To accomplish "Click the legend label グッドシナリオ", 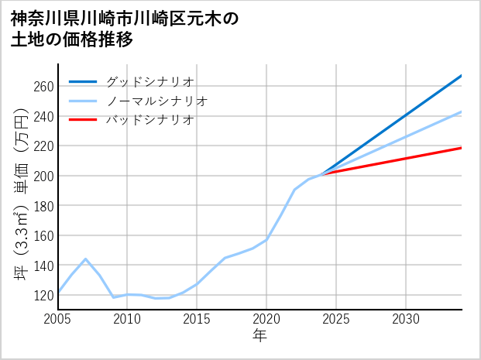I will click(149, 81).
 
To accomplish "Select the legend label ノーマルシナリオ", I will click(156, 101).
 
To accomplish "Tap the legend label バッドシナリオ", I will click(149, 120).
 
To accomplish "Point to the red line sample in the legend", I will click(83, 120).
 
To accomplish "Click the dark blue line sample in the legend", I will click(83, 81).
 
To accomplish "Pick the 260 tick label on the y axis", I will click(43, 86).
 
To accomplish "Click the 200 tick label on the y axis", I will click(43, 176).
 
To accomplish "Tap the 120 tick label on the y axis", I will click(43, 295).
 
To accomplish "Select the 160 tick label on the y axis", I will click(43, 235).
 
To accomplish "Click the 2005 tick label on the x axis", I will click(58, 319).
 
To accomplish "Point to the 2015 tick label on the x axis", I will click(197, 319).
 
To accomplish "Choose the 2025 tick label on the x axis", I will click(336, 319).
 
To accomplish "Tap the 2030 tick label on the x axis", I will click(406, 319).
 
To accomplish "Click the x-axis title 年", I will click(260, 336).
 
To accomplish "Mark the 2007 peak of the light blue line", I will click(85, 259).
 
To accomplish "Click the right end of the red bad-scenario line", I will click(462, 148).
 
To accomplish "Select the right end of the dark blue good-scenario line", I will click(462, 76).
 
